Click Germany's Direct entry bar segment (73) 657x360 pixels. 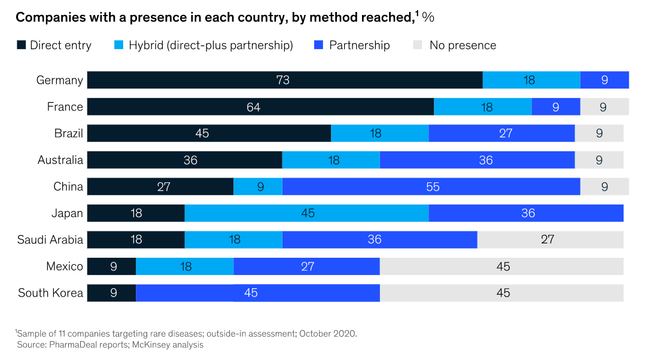click(x=285, y=80)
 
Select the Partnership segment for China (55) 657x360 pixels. click(x=431, y=187)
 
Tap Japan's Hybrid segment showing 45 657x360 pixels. click(x=306, y=213)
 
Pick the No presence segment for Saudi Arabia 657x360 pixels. click(x=550, y=240)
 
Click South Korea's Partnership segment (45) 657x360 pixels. click(x=258, y=293)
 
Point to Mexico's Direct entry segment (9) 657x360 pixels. click(x=112, y=266)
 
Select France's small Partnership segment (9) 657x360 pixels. click(x=555, y=107)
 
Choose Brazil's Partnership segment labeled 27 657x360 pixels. click(x=501, y=133)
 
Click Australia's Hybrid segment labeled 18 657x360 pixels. click(x=331, y=160)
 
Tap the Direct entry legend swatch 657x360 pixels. click(x=21, y=45)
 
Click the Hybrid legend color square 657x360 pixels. click(x=119, y=45)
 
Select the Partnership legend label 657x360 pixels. click(x=359, y=45)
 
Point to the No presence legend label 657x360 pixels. click(x=463, y=45)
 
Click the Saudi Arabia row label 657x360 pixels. click(x=50, y=240)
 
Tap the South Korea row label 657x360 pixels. click(x=50, y=293)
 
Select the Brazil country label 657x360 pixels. click(x=68, y=133)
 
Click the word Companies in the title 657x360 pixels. click(x=46, y=17)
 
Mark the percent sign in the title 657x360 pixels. click(x=428, y=17)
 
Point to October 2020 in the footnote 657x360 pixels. click(x=330, y=333)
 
